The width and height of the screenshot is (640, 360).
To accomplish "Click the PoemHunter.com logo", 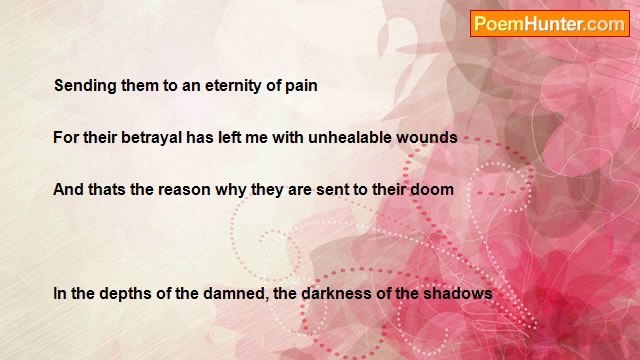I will (x=550, y=24).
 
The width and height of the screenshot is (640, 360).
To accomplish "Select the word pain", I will (x=300, y=86).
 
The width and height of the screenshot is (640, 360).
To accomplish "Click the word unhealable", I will (x=347, y=138).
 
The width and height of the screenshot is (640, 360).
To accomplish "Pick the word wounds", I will (x=428, y=138).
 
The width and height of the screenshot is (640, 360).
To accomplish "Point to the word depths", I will (x=124, y=294).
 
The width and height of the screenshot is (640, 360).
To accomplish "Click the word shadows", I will (x=459, y=294).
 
